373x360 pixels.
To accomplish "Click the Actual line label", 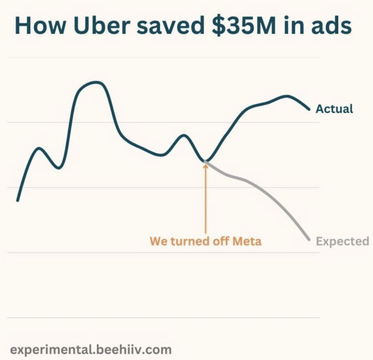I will (334, 109).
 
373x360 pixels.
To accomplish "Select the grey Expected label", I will (343, 241).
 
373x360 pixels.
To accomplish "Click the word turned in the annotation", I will (187, 241).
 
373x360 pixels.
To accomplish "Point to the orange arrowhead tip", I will (205, 164).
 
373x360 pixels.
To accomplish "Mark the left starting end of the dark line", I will (17, 201).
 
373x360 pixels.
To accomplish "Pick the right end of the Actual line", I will (309, 109).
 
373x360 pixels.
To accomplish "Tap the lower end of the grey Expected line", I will (309, 239).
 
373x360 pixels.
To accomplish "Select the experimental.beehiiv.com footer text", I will (91, 349).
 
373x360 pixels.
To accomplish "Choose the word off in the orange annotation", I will (219, 241).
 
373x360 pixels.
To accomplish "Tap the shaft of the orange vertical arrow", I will (205, 203).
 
